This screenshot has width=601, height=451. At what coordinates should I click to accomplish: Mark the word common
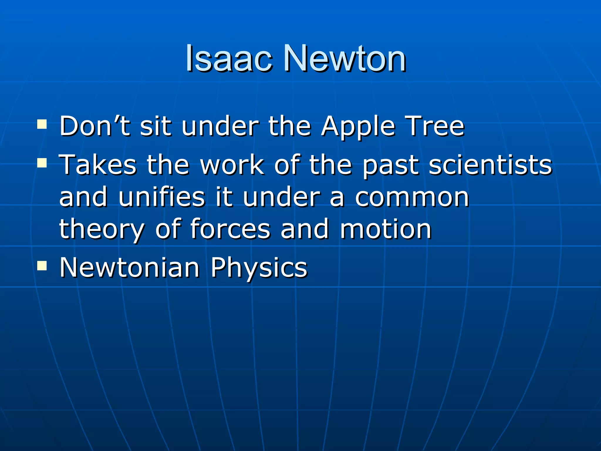point(412,197)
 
